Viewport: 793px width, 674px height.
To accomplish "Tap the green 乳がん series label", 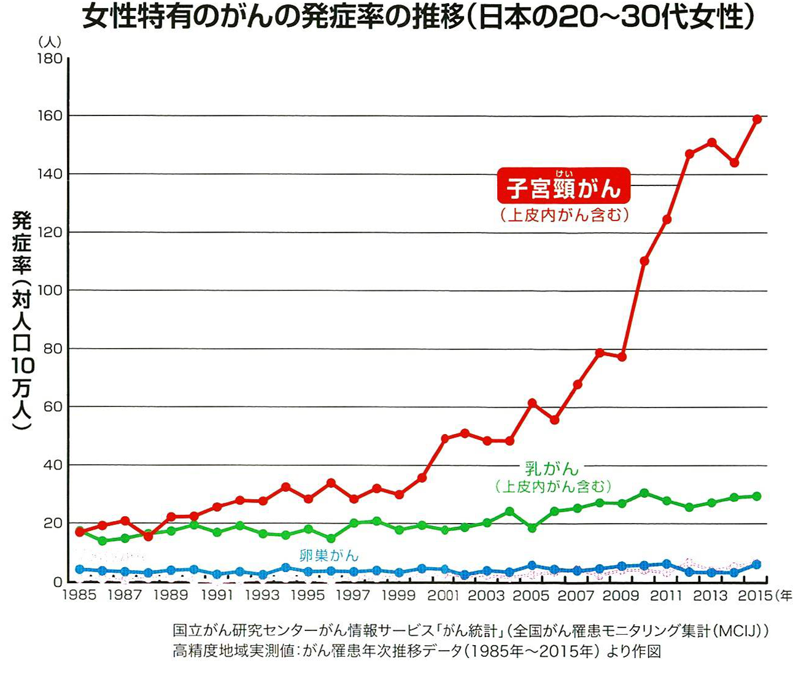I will (552, 468).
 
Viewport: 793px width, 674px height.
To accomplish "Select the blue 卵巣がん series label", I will (328, 555).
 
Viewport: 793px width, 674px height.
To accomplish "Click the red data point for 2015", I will (757, 119).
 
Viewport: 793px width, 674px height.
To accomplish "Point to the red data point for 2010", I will (644, 261).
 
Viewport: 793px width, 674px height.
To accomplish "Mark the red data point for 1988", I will (148, 536).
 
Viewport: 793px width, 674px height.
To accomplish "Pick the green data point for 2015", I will (757, 496).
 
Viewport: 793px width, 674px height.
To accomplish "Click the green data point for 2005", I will (532, 528).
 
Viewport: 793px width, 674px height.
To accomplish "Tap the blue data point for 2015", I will (757, 564).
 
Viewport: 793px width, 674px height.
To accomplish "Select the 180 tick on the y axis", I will (50, 58).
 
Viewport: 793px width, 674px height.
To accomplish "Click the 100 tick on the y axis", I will (50, 290).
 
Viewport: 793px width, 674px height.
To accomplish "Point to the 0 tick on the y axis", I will (57, 581).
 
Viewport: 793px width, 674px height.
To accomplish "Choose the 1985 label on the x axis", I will (80, 595).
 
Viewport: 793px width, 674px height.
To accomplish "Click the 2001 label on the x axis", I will (443, 595).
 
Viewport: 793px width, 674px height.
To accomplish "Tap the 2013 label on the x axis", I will (711, 595).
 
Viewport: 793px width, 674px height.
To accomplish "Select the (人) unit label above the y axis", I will (49, 41).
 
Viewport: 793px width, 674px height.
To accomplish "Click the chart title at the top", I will (417, 18).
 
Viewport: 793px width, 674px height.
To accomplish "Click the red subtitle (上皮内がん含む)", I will (563, 215).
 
